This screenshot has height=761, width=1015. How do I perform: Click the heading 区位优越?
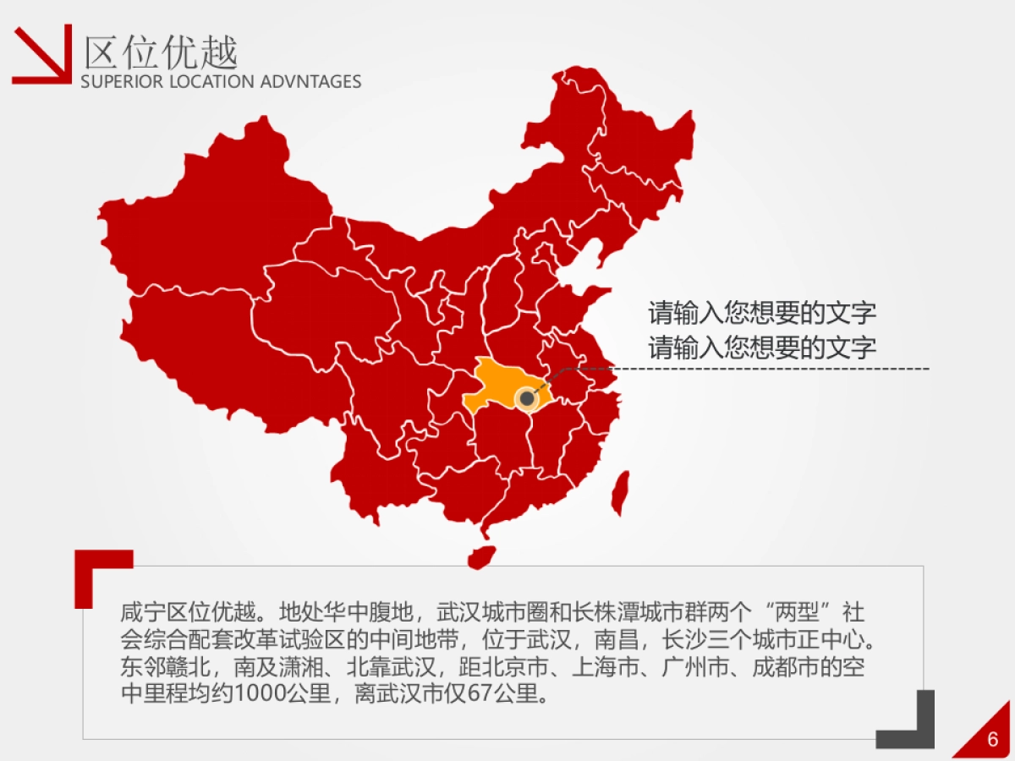click(161, 53)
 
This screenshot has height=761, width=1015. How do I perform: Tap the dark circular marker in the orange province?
click(527, 397)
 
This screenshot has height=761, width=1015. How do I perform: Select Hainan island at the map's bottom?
click(481, 556)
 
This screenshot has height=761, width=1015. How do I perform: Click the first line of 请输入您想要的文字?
click(762, 313)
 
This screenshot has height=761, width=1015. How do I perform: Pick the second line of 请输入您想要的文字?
click(762, 348)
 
